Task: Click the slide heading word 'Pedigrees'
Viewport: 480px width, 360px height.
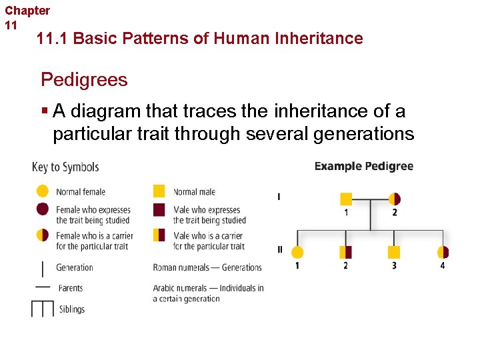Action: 84,80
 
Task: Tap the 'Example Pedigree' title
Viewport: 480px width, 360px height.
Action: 363,167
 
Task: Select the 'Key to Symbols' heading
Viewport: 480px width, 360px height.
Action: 65,167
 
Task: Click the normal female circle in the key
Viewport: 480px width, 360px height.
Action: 42,191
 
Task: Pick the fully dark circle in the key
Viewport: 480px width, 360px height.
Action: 42,209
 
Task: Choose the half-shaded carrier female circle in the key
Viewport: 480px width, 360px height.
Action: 42,235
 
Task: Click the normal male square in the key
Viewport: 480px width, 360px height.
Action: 159,191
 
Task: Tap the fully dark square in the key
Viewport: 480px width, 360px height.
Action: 159,210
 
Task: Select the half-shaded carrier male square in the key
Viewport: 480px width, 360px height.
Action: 159,235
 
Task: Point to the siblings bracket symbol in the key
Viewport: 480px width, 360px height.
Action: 42,309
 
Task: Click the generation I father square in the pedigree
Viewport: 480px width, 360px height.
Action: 346,199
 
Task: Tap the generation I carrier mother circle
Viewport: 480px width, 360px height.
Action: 394,199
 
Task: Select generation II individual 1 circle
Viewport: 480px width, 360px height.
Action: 297,252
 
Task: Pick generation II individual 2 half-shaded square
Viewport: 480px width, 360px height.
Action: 345,252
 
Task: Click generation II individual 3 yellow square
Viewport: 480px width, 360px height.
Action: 394,252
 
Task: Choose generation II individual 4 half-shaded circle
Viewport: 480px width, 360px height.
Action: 443,252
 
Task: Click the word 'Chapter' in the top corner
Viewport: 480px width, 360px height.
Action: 27,11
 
